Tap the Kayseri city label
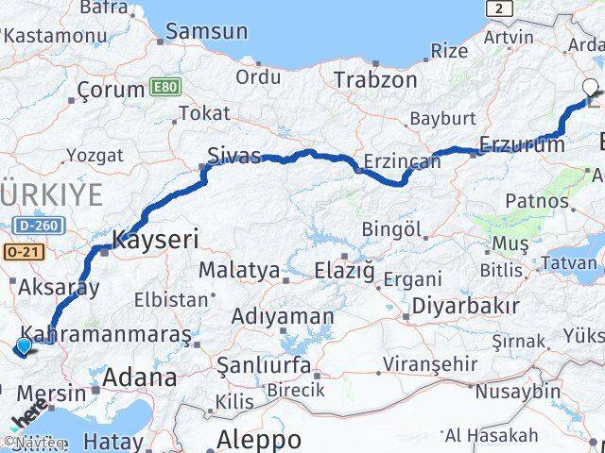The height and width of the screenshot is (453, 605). pyautogui.click(x=155, y=239)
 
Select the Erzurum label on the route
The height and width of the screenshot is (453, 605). pyautogui.click(x=522, y=143)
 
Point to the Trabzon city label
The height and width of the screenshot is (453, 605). pyautogui.click(x=374, y=79)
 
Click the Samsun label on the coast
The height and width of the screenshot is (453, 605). pyautogui.click(x=206, y=31)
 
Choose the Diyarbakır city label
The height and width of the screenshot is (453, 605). pyautogui.click(x=463, y=307)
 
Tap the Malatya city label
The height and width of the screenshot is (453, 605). pyautogui.click(x=239, y=271)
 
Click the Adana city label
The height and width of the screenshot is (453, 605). pyautogui.click(x=139, y=378)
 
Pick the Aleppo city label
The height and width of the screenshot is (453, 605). pyautogui.click(x=259, y=439)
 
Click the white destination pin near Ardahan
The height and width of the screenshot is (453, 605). pyautogui.click(x=591, y=89)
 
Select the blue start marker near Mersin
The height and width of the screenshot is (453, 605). pyautogui.click(x=24, y=347)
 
